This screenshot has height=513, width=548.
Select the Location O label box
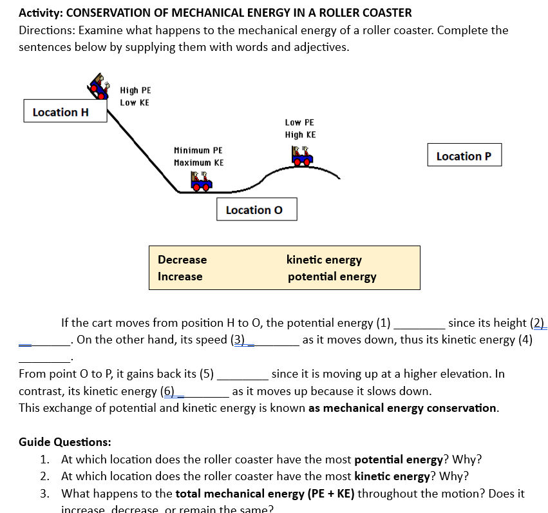click(257, 209)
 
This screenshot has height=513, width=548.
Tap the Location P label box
click(464, 155)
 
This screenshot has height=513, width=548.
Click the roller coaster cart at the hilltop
click(99, 84)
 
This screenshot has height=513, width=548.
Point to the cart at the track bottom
click(200, 181)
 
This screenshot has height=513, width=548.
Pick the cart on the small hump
click(301, 157)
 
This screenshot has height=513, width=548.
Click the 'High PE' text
click(135, 91)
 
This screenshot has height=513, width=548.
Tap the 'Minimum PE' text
click(198, 150)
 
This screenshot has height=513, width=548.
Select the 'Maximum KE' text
click(198, 163)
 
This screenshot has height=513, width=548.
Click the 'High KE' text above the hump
click(300, 135)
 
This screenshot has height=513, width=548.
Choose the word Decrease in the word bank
click(182, 260)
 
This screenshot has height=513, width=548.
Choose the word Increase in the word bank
click(180, 276)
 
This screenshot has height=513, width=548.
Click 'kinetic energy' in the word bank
click(324, 260)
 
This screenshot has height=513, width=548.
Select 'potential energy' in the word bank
click(332, 276)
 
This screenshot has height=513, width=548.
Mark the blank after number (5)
click(243, 374)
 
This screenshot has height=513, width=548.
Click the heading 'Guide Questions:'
click(64, 442)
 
